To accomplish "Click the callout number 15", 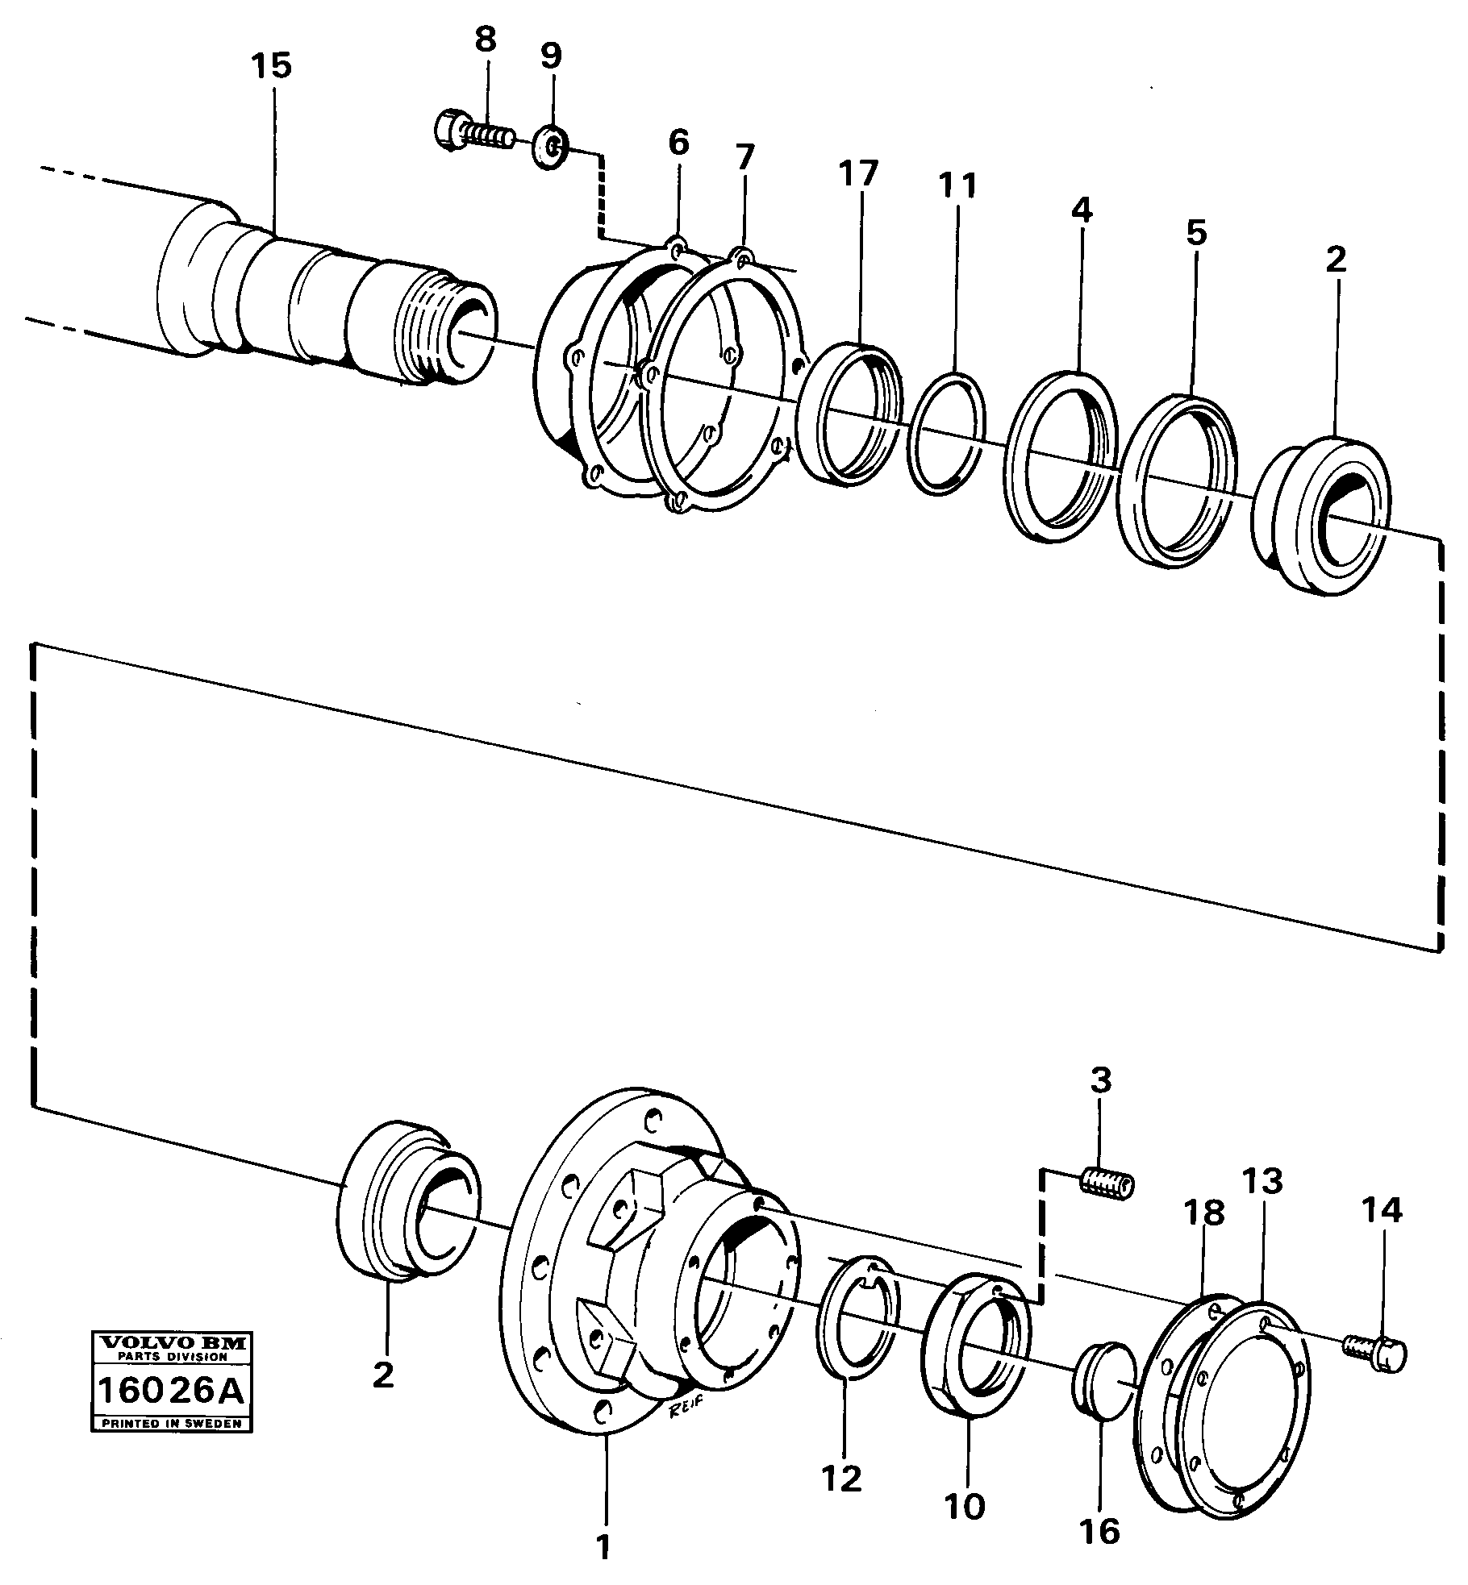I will [x=270, y=66].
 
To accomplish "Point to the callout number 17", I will [x=857, y=173].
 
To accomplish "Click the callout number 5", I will [x=1195, y=233].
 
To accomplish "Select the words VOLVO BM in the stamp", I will [x=172, y=1342].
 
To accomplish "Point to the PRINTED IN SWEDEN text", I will [x=172, y=1424].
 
